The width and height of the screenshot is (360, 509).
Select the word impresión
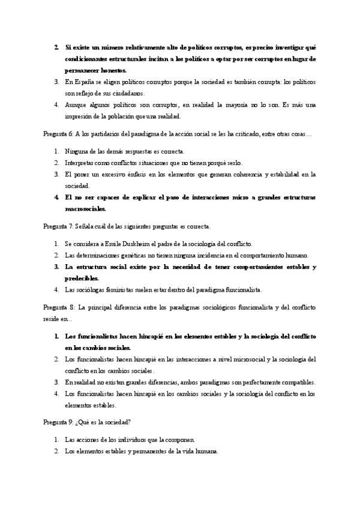click(x=80, y=116)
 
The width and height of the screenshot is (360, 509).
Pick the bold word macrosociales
click(x=85, y=209)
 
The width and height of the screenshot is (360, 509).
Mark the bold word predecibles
click(x=81, y=279)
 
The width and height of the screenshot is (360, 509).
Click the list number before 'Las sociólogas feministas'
click(x=56, y=290)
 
